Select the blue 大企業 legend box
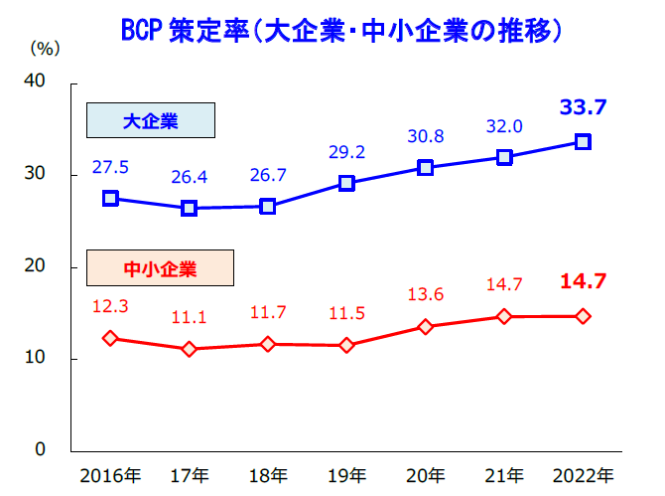(x=150, y=120)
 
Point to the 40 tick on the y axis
(x=35, y=83)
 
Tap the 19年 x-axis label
(x=346, y=475)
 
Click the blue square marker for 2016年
(x=110, y=199)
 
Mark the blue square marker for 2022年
(x=584, y=141)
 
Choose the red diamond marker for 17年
(x=189, y=349)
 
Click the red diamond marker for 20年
(x=426, y=326)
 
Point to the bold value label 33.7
(x=584, y=106)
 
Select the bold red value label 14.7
(x=584, y=281)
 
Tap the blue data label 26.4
(x=189, y=178)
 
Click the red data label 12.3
(x=110, y=306)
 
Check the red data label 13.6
(x=426, y=294)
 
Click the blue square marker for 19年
(x=346, y=183)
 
